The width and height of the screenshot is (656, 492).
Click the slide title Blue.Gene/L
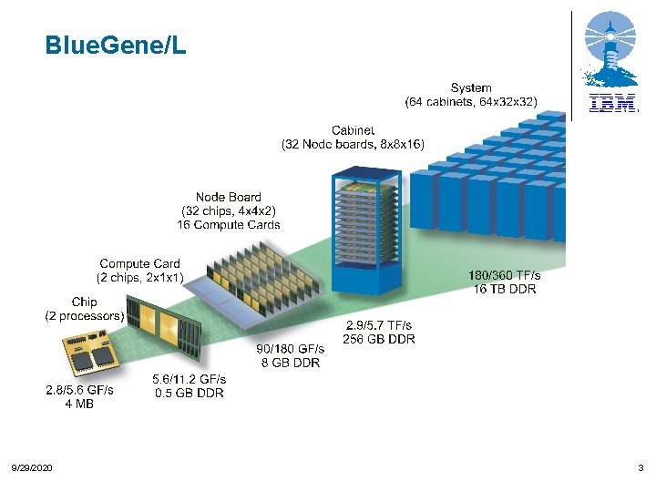[x=116, y=45]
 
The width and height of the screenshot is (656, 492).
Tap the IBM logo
[x=612, y=104]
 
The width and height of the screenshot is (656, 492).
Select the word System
[x=471, y=88]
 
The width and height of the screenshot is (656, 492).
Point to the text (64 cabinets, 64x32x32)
[x=471, y=101]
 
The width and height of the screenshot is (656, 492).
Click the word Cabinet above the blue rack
[x=352, y=131]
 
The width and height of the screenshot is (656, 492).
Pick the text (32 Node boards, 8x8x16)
[x=352, y=144]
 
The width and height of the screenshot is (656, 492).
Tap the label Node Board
[x=228, y=197]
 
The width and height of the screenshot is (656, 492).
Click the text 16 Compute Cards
[x=228, y=224]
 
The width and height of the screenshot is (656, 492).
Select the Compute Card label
[x=139, y=264]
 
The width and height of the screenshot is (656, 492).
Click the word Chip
[x=84, y=302]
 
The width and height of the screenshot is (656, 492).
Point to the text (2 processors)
[x=84, y=316]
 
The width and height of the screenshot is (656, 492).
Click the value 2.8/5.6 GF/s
[x=79, y=390]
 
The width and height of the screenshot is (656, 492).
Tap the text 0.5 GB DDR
[x=189, y=393]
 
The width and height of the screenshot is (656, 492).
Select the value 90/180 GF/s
[x=290, y=349]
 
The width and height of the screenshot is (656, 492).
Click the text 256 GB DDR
[x=378, y=339]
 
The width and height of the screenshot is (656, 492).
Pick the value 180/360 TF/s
[x=504, y=275]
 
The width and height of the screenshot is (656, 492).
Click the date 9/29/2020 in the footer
[x=31, y=467]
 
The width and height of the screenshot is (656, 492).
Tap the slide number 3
[x=641, y=467]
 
